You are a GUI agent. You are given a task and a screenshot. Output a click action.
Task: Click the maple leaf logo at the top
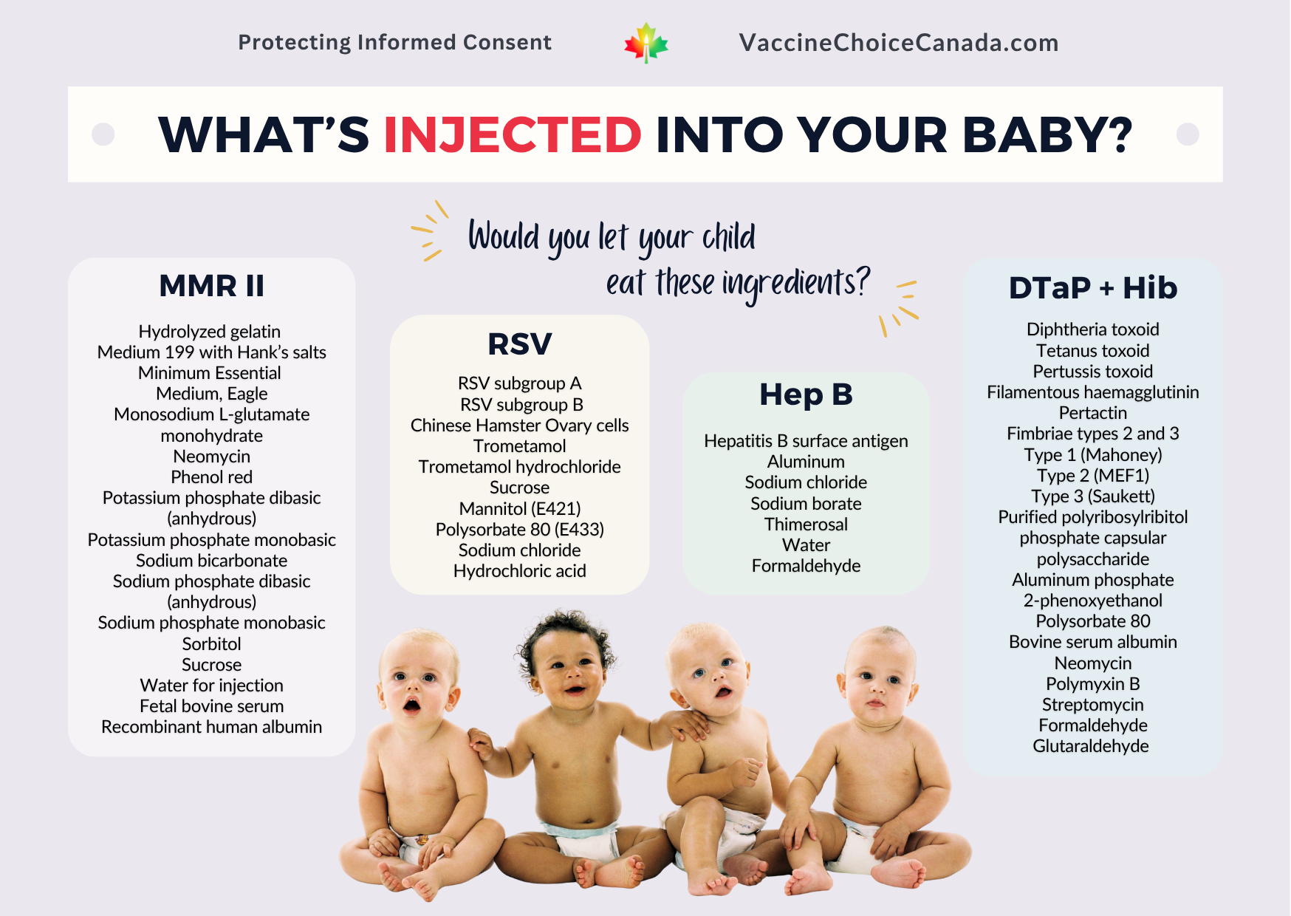[646, 43]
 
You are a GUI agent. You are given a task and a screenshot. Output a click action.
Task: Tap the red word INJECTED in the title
[513, 134]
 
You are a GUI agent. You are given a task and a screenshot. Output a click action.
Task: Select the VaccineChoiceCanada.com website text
[899, 43]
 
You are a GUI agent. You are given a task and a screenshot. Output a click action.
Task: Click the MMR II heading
[212, 286]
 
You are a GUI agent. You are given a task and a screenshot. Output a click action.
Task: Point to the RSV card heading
[520, 343]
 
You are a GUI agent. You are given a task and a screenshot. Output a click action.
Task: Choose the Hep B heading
[806, 394]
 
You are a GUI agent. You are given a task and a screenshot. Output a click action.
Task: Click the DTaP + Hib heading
[1093, 288]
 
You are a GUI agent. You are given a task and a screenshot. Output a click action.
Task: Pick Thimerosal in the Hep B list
[806, 524]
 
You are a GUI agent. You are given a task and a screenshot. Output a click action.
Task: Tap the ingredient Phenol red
[212, 477]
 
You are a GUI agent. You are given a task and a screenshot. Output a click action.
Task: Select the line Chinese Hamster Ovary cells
[520, 425]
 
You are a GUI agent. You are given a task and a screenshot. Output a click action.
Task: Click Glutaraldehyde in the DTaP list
[1091, 746]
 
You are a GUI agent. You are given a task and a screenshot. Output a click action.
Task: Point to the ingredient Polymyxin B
[1093, 684]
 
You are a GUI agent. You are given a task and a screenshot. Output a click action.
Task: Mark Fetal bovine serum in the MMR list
[212, 706]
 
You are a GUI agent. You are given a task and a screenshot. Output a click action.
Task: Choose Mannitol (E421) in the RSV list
[520, 509]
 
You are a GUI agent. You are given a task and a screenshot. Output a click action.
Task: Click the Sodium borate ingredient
[806, 504]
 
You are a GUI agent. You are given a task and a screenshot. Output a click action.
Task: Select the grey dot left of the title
[103, 134]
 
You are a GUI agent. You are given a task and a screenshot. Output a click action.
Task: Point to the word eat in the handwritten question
[626, 283]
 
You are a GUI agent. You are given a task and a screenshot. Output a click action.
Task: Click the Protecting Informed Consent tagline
[395, 43]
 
